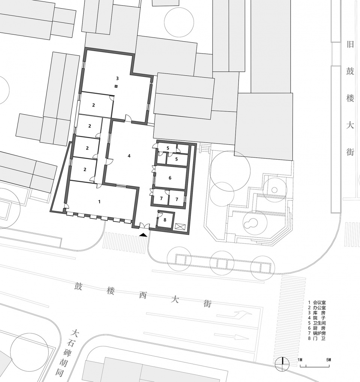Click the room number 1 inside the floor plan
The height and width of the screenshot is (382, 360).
pyautogui.click(x=99, y=202)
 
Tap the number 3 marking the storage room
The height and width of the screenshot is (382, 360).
pyautogui.click(x=117, y=79)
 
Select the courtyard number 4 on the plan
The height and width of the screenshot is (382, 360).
pyautogui.click(x=129, y=156)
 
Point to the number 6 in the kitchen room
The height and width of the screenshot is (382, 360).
pyautogui.click(x=170, y=178)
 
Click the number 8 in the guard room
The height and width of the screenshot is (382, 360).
pyautogui.click(x=165, y=220)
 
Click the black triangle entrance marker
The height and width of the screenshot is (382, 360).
pyautogui.click(x=143, y=234)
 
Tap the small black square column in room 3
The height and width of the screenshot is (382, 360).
pyautogui.click(x=116, y=87)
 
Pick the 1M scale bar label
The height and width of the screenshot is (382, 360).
pyautogui.click(x=300, y=360)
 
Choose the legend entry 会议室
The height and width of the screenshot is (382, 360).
pyautogui.click(x=319, y=302)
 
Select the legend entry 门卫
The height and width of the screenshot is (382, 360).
pyautogui.click(x=319, y=339)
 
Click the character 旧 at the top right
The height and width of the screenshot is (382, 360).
pyautogui.click(x=350, y=45)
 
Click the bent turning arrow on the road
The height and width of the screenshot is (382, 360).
pyautogui.click(x=241, y=315)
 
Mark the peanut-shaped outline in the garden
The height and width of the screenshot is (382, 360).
pyautogui.click(x=250, y=224)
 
